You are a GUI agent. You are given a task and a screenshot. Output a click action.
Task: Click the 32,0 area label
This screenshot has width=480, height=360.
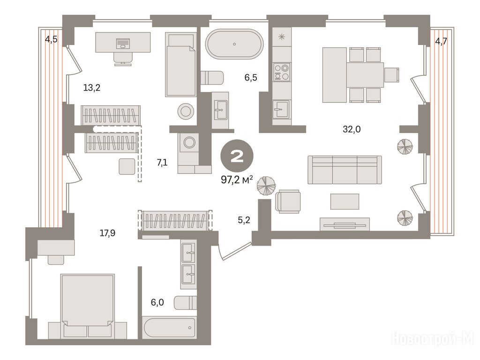coord(352,129)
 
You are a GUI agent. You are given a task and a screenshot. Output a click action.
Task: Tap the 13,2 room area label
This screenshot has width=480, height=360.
coord(92,88)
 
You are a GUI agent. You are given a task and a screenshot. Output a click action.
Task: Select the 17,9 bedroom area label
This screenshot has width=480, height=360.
coord(107,233)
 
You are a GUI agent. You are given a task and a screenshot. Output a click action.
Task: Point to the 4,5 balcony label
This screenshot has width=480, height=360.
coord(51,39)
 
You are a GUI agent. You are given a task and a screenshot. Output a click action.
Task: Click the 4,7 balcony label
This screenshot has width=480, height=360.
coord(441,41)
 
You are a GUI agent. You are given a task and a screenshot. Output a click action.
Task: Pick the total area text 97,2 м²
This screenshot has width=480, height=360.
coord(237,180)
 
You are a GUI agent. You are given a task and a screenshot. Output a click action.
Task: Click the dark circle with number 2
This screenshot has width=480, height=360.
coord(237,156)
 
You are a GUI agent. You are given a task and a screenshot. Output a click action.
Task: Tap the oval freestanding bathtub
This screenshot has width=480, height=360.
coord(234,44)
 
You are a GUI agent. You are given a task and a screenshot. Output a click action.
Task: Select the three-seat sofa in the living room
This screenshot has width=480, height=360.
coord(345,170)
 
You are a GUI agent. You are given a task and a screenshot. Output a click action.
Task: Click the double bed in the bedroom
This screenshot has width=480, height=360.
coord(88,306)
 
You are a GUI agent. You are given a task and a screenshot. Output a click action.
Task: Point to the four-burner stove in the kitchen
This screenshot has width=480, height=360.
coord(282,72)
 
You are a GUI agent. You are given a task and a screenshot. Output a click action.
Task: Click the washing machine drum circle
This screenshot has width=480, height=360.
coord(189,142)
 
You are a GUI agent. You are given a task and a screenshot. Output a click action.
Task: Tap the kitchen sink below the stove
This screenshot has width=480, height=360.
coord(281,109)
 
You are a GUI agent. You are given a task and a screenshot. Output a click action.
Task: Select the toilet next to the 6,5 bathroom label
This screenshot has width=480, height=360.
coord(212,78)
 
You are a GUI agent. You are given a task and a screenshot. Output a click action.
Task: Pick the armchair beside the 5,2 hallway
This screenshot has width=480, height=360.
coord(288,201)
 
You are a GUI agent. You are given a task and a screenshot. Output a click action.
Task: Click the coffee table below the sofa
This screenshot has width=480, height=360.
coord(345,202)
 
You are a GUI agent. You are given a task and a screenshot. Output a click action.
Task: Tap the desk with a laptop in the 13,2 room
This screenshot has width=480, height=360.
coord(123,42)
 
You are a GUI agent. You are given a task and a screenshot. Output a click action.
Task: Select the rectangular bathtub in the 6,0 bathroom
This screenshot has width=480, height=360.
coord(169,328)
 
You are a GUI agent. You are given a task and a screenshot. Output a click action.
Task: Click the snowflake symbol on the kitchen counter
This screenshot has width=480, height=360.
coord(282,37)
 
